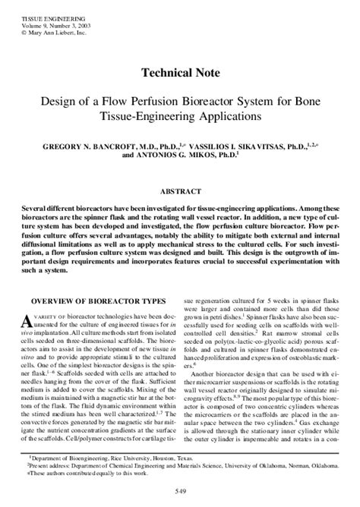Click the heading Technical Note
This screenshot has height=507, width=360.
[x=179, y=74]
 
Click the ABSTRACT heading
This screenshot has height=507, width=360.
[x=179, y=193]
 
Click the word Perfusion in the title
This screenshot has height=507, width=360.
[x=170, y=101]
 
